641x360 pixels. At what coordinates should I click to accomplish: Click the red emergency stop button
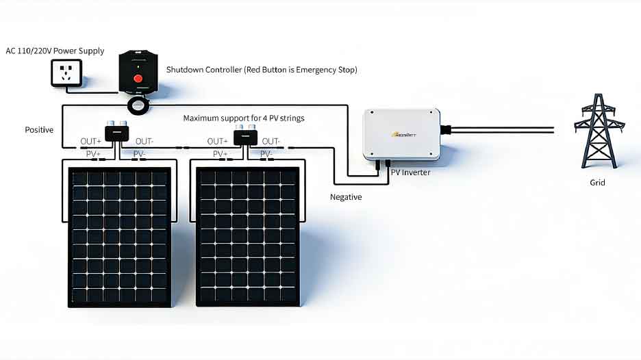[138, 79]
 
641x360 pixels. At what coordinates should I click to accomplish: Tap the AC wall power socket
[66, 73]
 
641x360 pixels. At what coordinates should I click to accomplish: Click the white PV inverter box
[401, 133]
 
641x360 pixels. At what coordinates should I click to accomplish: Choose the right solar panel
[248, 237]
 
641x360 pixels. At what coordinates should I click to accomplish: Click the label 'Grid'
[597, 183]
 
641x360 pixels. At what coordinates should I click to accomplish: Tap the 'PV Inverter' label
[410, 172]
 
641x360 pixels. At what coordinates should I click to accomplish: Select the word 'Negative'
[346, 197]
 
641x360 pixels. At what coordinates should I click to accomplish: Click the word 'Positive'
[39, 129]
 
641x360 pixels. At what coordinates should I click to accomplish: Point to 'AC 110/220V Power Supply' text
[55, 51]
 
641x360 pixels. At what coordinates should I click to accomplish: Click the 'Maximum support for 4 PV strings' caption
[243, 118]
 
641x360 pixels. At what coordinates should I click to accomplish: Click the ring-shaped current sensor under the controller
[141, 105]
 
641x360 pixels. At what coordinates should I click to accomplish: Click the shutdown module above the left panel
[116, 131]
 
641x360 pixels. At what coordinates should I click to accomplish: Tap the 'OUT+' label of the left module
[90, 142]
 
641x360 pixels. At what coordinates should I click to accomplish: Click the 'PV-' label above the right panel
[268, 154]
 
